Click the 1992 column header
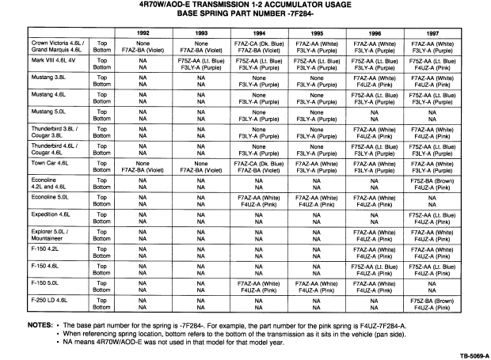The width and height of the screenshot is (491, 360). point(143,32)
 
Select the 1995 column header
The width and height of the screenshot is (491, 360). point(316,32)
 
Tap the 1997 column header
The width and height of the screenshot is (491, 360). point(431,32)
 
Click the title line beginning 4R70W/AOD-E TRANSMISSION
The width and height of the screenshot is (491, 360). point(246,5)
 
